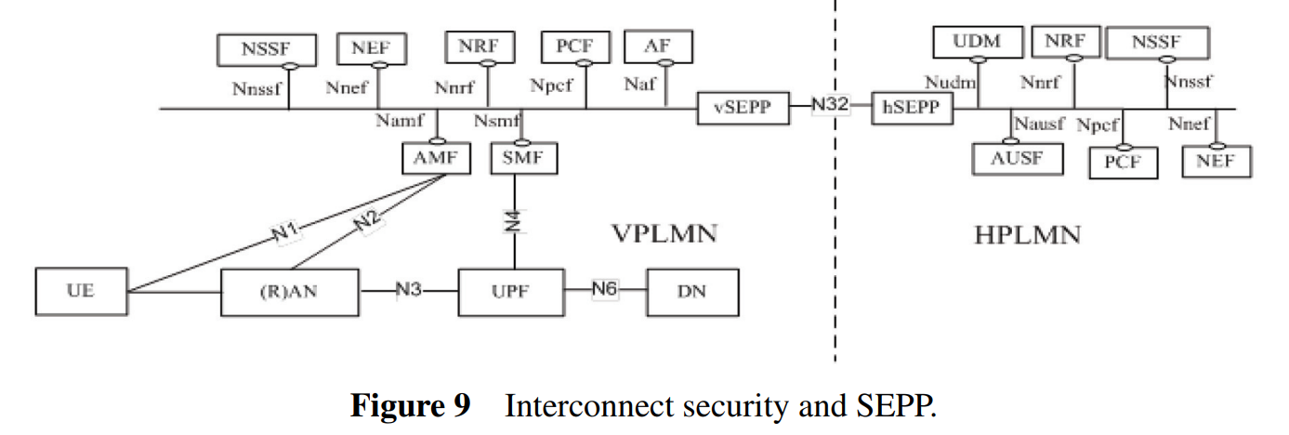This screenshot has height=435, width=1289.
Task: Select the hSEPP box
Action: pos(912,108)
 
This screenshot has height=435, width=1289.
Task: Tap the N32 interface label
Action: pos(830,106)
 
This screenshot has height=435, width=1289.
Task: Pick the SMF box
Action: pos(524,159)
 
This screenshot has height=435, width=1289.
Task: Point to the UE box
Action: pos(80,292)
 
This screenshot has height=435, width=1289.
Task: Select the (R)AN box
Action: pos(290,292)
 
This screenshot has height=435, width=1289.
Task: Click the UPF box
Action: pos(510,292)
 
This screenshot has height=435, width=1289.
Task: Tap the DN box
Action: pos(692,292)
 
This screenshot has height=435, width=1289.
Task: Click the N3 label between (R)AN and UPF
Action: pos(409,290)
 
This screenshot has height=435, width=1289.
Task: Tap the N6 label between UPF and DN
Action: pos(605,290)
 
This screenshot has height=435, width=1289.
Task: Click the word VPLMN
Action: pos(664,232)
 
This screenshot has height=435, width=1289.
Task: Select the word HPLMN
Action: pos(1027,234)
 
